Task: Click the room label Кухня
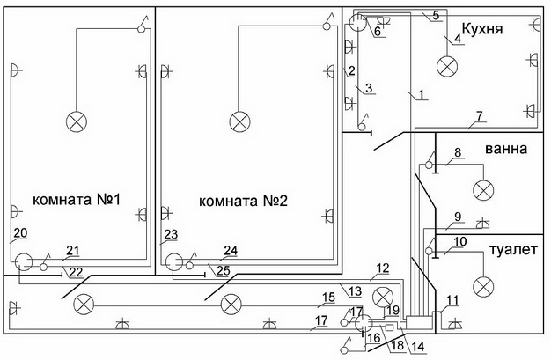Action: click(481, 29)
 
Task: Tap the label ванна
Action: click(506, 149)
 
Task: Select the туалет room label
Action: click(513, 250)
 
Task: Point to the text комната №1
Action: click(77, 200)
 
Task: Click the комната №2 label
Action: click(243, 201)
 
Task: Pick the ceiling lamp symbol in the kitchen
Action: click(447, 66)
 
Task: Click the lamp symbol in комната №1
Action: click(77, 122)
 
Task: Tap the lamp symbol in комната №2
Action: click(239, 122)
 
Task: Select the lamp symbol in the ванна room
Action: click(483, 191)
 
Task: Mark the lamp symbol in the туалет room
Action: click(483, 287)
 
